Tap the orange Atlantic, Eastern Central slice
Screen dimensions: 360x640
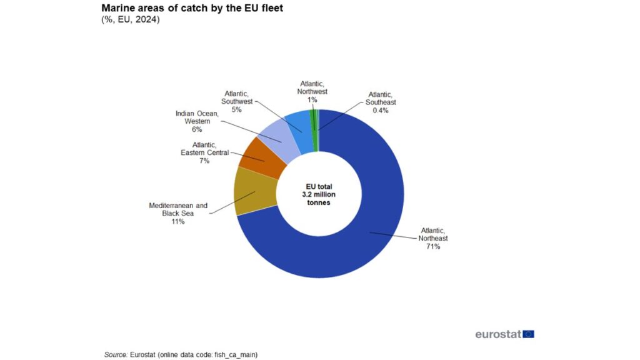pos(262,157)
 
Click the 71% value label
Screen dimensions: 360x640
pos(434,246)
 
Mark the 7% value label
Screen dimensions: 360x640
pos(204,161)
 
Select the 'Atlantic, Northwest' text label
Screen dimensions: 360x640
pos(312,87)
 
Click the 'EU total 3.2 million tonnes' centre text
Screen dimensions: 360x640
pos(318,195)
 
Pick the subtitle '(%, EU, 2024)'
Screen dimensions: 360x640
pos(130,20)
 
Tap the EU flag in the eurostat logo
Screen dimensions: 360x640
pos(529,334)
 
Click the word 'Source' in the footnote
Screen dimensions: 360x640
pos(116,354)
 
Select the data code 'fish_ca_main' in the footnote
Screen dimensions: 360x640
pos(236,354)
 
